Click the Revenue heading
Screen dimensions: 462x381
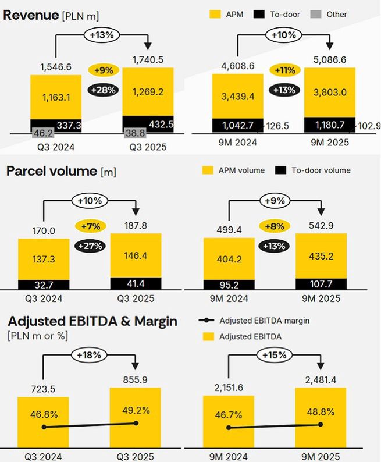(30, 15)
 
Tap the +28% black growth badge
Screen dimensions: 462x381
(104, 90)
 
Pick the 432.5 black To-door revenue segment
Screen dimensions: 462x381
(148, 124)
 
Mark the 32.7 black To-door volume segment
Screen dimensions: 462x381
(44, 285)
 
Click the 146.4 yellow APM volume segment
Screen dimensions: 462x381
(136, 255)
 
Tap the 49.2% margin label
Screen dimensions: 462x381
(136, 410)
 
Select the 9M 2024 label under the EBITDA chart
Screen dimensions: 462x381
(229, 457)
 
